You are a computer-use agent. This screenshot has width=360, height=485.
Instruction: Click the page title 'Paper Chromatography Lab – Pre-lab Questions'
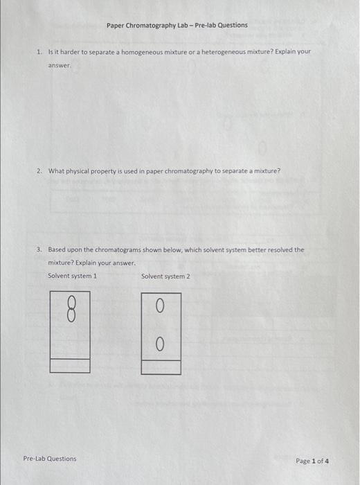pyautogui.click(x=177, y=26)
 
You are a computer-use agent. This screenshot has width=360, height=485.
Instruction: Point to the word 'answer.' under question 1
pyautogui.click(x=60, y=66)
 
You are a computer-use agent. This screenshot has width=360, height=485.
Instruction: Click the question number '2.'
pyautogui.click(x=39, y=171)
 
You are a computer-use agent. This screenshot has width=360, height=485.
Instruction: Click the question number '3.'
pyautogui.click(x=39, y=249)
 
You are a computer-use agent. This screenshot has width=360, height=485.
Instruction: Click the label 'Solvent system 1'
pyautogui.click(x=72, y=276)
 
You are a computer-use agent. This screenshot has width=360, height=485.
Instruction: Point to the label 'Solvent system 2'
pyautogui.click(x=165, y=276)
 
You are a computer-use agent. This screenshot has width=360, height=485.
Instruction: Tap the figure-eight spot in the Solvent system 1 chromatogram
pyautogui.click(x=70, y=308)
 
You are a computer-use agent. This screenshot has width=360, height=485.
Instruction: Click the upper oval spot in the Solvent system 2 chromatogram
pyautogui.click(x=160, y=305)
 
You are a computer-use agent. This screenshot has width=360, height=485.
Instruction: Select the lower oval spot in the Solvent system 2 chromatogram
pyautogui.click(x=160, y=344)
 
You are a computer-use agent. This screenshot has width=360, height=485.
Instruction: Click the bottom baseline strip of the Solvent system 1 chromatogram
pyautogui.click(x=70, y=365)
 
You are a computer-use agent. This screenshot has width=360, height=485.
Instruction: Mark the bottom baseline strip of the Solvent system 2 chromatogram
pyautogui.click(x=161, y=367)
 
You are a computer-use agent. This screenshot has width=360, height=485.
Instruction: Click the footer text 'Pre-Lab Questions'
pyautogui.click(x=50, y=459)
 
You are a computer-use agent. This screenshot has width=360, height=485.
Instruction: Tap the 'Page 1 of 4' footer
pyautogui.click(x=312, y=461)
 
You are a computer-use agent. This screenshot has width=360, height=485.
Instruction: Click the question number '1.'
pyautogui.click(x=39, y=52)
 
